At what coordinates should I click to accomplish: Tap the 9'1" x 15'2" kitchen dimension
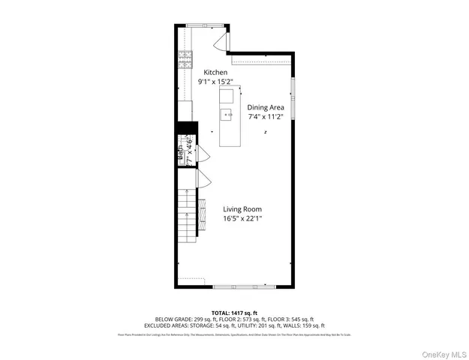[x=215, y=82]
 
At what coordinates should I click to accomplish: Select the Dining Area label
[x=266, y=107]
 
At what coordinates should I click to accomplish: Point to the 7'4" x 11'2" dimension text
[x=266, y=117]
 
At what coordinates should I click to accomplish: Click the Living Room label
[x=242, y=209]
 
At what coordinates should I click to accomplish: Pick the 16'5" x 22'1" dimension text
[x=242, y=219]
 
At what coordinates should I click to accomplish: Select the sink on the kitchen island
[x=226, y=114]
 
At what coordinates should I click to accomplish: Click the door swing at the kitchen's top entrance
[x=222, y=42]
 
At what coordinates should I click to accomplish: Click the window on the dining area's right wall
[x=293, y=97]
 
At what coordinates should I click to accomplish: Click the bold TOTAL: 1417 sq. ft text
[x=234, y=312]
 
